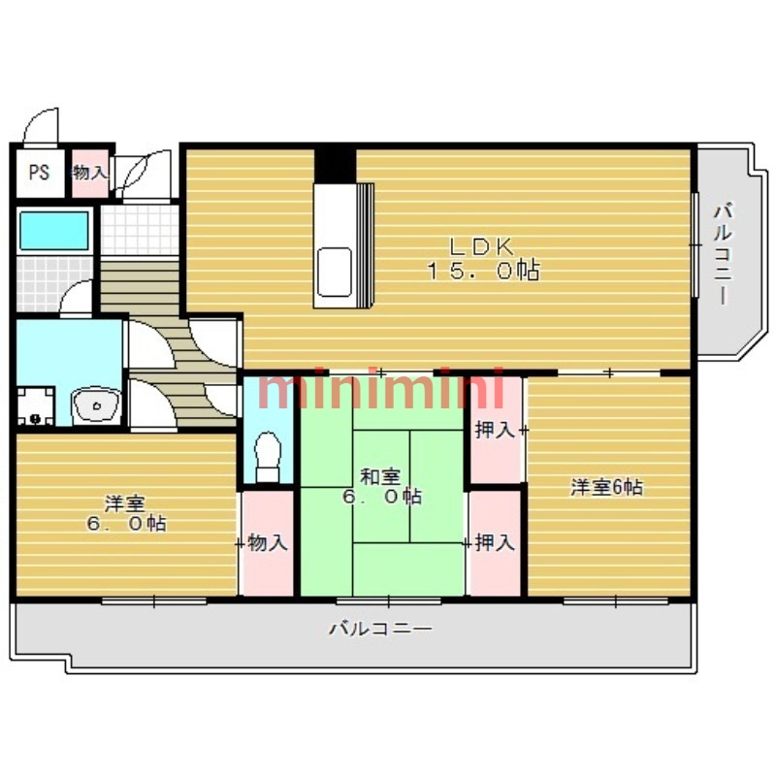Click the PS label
(39, 174)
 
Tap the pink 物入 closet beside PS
(90, 173)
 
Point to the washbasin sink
(95, 404)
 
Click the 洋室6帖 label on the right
(606, 487)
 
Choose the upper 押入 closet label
(495, 430)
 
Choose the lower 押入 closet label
(495, 543)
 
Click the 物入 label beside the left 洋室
(267, 543)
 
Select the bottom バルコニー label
(380, 629)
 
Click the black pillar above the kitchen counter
(335, 163)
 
